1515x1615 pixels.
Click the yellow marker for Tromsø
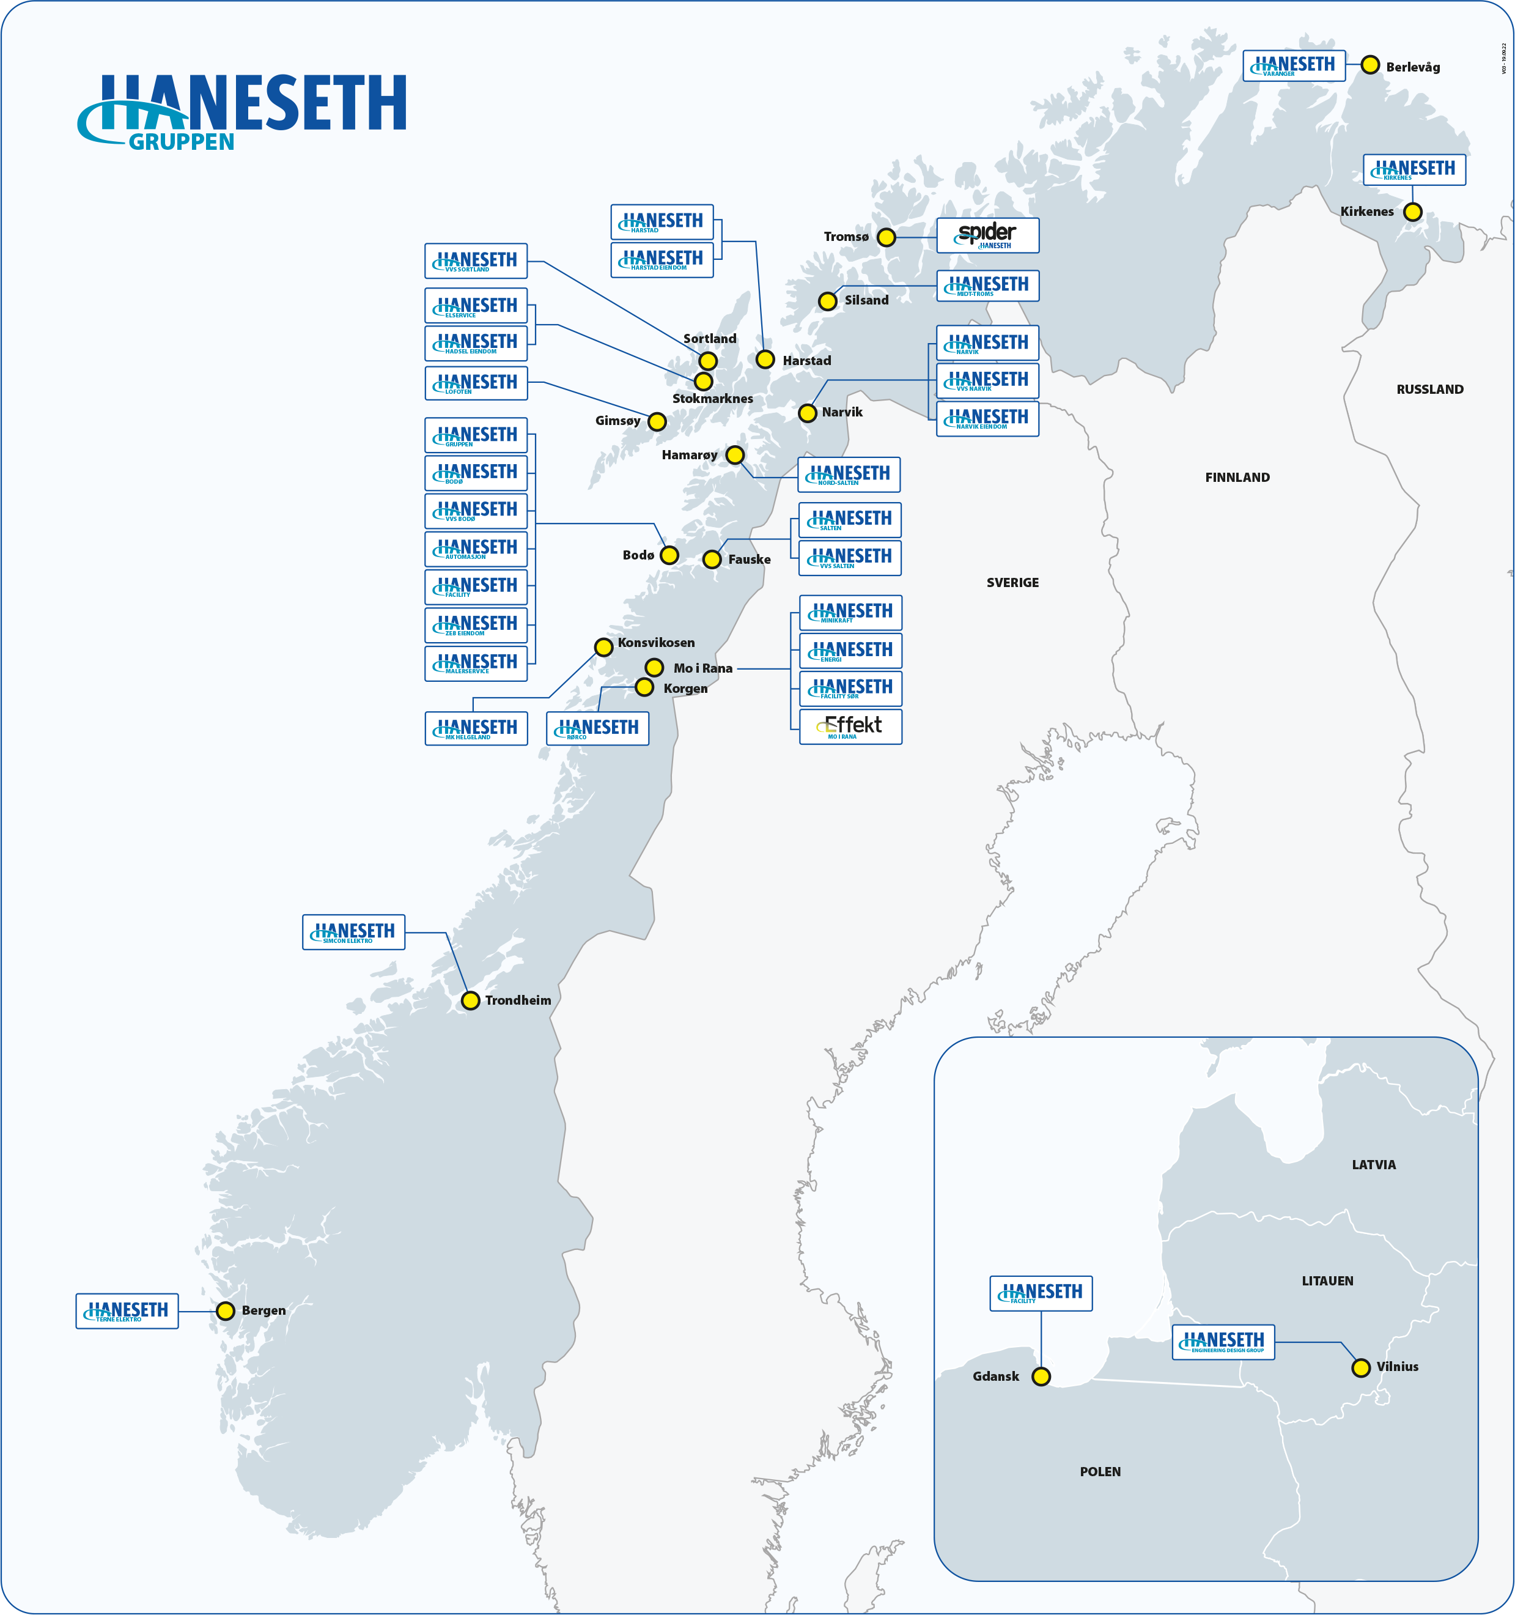[x=887, y=237]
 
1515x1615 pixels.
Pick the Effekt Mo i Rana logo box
[x=850, y=726]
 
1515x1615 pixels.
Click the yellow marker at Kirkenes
[x=1413, y=212]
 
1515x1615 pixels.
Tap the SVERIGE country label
[x=1012, y=583]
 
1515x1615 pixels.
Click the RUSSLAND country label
[x=1429, y=389]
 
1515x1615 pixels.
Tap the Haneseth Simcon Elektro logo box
[x=353, y=932]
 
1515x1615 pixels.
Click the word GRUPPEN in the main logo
[x=181, y=142]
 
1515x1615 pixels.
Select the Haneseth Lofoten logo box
[x=476, y=383]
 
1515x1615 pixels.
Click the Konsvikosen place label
[x=655, y=643]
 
